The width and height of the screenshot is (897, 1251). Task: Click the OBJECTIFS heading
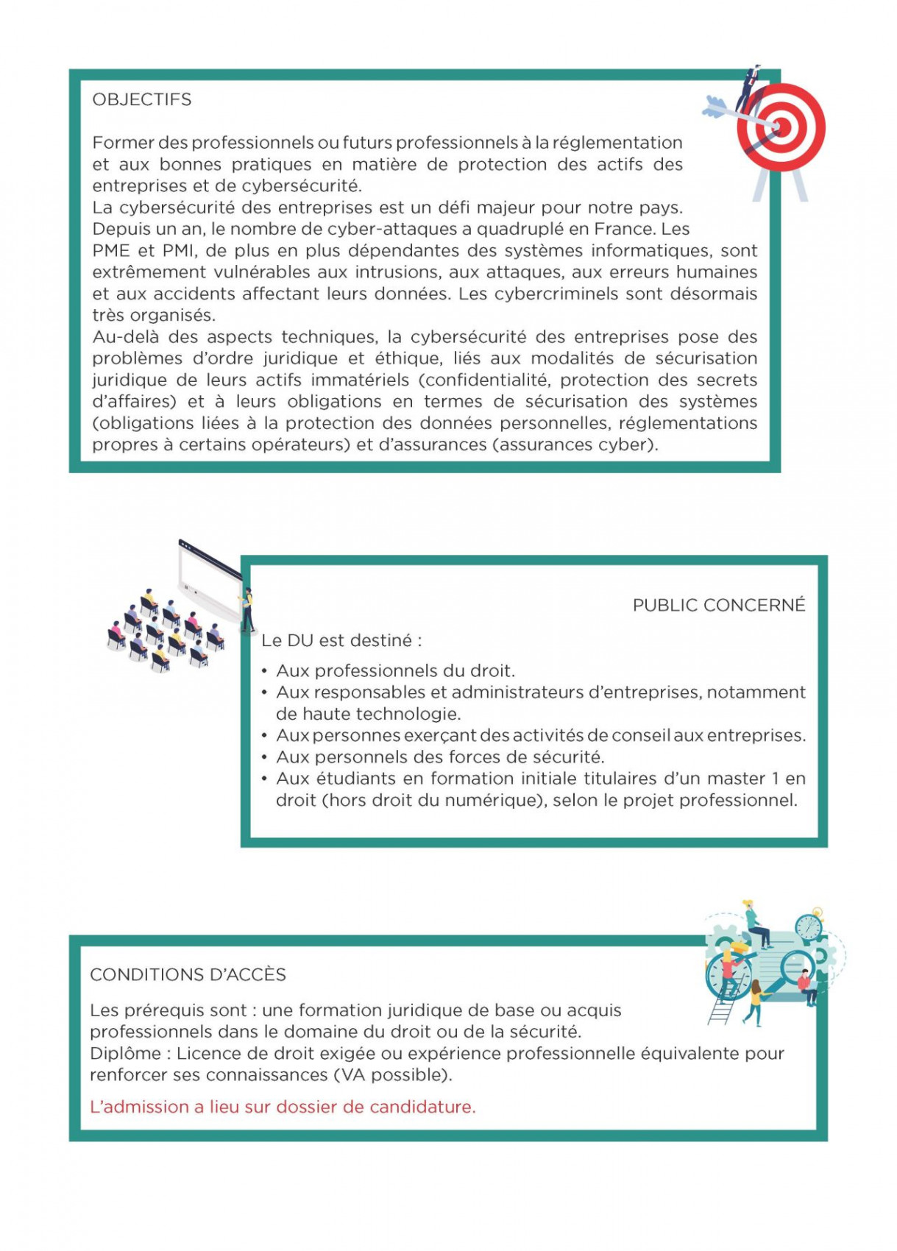[141, 99]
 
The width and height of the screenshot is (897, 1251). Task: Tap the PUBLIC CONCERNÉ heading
[718, 605]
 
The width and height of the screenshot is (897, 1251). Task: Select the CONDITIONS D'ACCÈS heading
[188, 974]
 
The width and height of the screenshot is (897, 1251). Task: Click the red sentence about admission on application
[283, 1107]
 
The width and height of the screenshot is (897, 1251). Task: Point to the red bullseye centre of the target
[781, 127]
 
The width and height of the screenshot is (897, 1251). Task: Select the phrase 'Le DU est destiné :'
[341, 640]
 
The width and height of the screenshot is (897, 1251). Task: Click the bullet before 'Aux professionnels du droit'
[264, 670]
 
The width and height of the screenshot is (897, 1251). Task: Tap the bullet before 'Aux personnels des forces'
[264, 756]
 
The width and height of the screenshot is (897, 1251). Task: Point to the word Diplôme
[125, 1053]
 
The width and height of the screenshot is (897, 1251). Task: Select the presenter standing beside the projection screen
[249, 607]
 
